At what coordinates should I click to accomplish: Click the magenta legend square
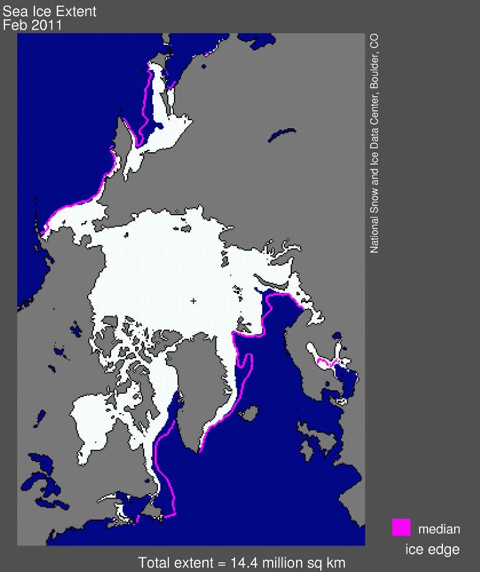[x=401, y=528]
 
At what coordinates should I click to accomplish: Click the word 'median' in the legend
[x=439, y=529]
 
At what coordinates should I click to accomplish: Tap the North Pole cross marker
[x=194, y=301]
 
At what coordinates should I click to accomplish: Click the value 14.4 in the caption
[x=243, y=562]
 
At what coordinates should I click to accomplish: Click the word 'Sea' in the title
[x=14, y=11]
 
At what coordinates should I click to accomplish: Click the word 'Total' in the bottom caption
[x=154, y=562]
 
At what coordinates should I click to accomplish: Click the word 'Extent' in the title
[x=79, y=11]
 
